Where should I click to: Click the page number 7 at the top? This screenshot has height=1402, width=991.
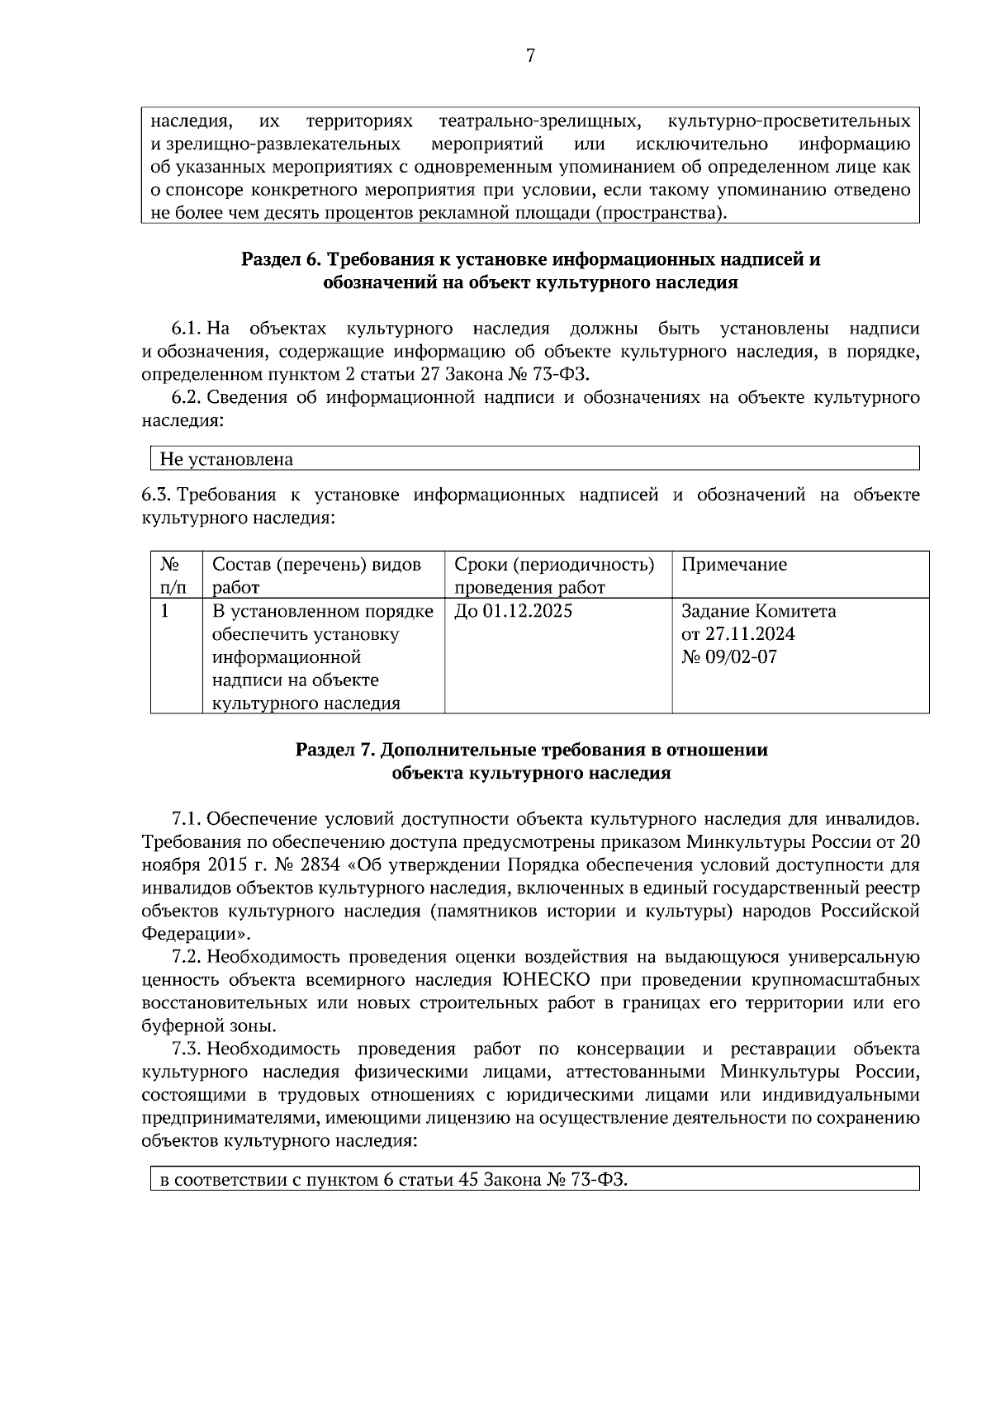[530, 56]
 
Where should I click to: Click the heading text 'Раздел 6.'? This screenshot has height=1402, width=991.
[280, 259]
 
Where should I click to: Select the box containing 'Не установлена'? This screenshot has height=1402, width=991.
[534, 459]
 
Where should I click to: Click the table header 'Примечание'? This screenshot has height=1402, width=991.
[734, 565]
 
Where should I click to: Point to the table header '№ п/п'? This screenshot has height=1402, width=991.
[171, 575]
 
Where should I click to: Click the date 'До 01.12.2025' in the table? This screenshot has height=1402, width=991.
[513, 612]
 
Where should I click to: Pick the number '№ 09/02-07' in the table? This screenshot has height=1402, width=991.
[728, 658]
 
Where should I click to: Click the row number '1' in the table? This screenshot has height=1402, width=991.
[165, 612]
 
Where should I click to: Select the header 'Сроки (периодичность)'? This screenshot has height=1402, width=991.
[554, 565]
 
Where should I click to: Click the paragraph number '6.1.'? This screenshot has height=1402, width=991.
[187, 329]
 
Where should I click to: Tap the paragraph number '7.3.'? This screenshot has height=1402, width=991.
[187, 1049]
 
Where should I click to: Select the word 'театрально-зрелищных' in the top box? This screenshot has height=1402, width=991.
[540, 121]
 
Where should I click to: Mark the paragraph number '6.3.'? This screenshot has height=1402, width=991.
[156, 495]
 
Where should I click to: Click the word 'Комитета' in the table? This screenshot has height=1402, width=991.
[795, 612]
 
